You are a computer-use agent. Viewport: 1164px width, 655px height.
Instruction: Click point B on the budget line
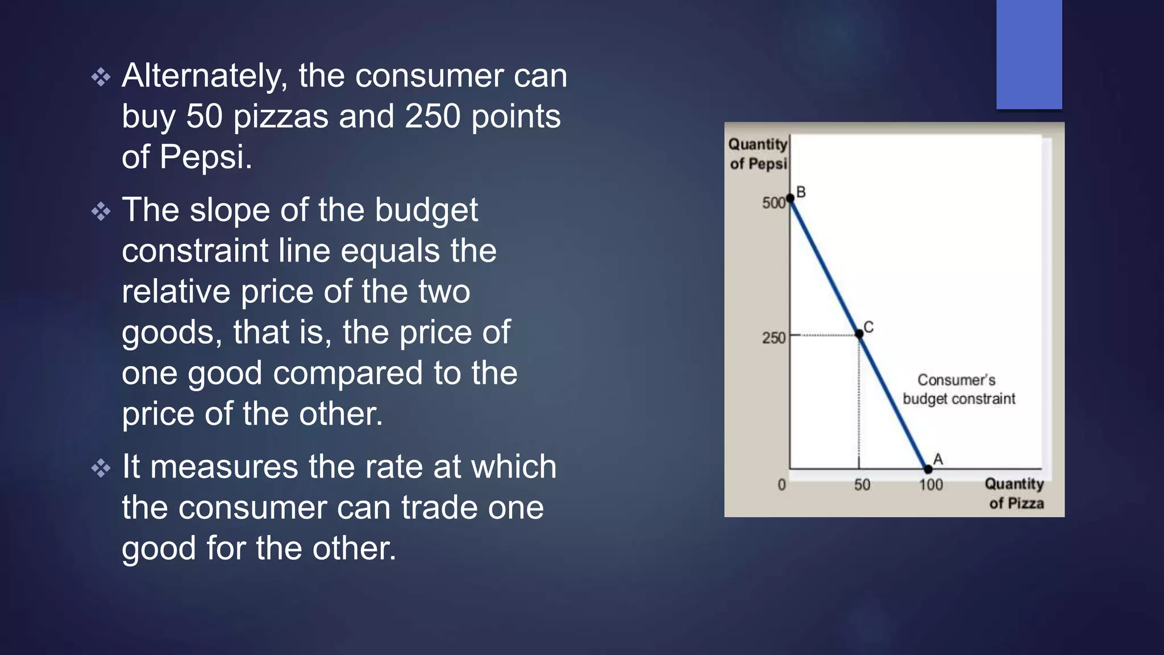790,198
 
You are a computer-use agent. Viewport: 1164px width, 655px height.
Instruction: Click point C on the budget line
859,334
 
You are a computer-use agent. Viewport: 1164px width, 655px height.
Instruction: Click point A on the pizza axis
928,469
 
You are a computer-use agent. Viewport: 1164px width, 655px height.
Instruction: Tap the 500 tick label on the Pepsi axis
774,203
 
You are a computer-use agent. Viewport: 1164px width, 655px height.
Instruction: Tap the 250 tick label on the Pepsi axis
774,338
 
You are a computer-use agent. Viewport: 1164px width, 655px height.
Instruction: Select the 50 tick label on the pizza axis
862,485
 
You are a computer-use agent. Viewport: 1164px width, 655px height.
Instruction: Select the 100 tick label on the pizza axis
931,485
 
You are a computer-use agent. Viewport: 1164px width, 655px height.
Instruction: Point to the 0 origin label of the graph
782,485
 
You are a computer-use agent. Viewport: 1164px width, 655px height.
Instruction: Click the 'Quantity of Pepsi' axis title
758,154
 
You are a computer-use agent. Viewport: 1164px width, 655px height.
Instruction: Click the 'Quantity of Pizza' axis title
1015,494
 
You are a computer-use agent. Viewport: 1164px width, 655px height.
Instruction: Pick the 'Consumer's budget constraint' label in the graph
959,389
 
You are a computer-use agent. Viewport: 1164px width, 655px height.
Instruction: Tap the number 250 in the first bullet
433,117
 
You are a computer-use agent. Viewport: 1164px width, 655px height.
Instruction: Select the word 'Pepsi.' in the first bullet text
206,157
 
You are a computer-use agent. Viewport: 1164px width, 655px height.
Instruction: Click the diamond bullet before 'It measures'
101,468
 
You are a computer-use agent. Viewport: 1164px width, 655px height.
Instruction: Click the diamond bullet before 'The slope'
101,212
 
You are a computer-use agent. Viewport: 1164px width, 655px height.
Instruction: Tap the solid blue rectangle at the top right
1029,54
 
